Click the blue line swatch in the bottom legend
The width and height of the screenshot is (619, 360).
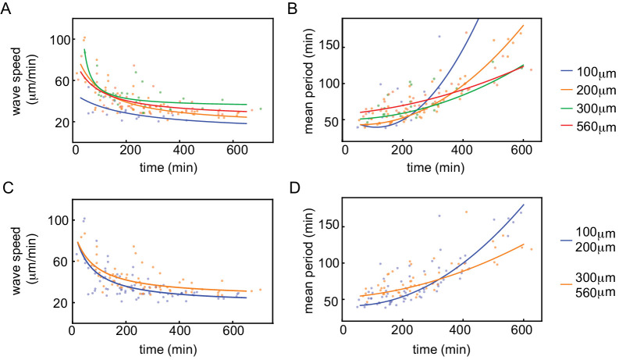(546, 244)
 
